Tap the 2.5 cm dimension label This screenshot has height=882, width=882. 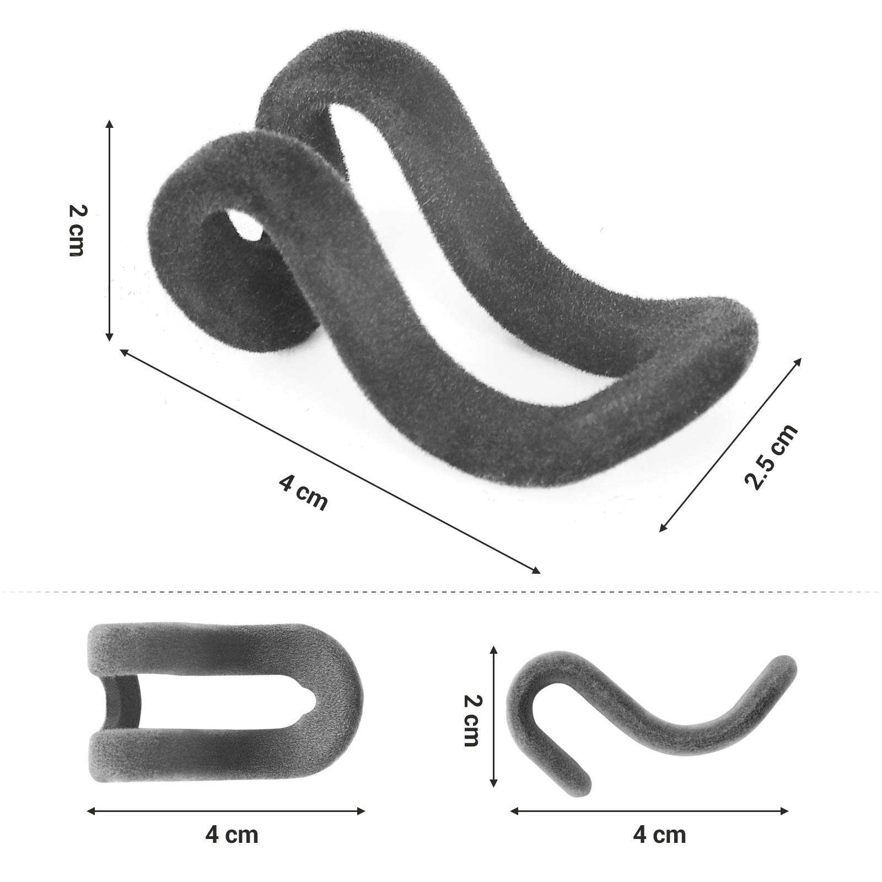click(771, 456)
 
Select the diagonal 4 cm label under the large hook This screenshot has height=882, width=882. click(303, 491)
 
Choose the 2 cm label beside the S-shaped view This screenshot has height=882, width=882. click(470, 720)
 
